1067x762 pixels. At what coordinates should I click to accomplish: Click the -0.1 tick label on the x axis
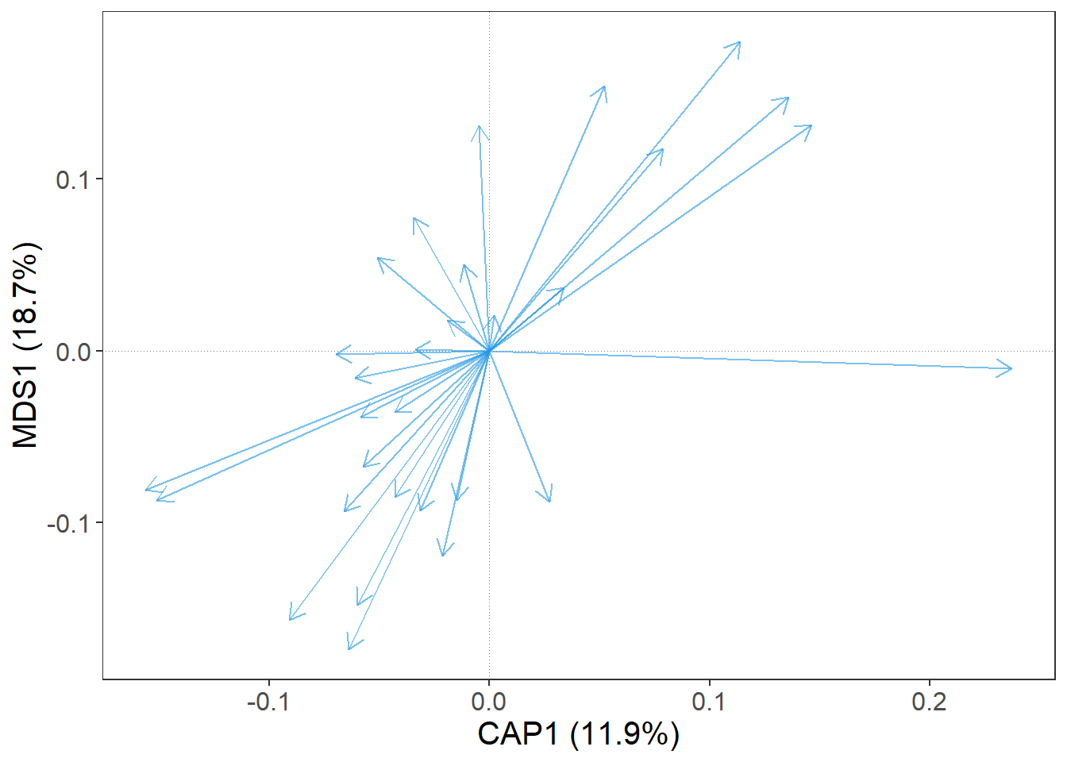(x=268, y=702)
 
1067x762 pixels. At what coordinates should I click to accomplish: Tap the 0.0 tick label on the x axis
(x=489, y=702)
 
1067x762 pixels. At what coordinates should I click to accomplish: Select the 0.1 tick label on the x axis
(x=709, y=702)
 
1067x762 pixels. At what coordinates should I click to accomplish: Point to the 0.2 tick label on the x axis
(x=929, y=702)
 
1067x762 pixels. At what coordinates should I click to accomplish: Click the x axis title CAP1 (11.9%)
(x=578, y=734)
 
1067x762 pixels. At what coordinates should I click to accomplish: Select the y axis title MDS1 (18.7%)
(x=26, y=345)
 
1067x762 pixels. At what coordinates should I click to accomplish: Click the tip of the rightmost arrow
(x=1011, y=368)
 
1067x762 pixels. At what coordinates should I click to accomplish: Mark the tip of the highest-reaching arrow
(x=740, y=42)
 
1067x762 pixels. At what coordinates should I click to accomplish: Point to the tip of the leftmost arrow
(x=146, y=489)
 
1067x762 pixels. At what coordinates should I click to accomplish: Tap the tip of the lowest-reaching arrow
(x=349, y=649)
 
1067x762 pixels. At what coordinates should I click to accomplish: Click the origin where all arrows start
(x=489, y=351)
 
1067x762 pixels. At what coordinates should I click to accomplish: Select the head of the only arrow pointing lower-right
(x=550, y=502)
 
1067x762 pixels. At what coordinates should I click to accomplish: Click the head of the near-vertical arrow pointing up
(x=478, y=126)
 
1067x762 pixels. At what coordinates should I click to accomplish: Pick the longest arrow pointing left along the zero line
(x=337, y=353)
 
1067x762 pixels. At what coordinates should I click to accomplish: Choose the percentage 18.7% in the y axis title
(x=26, y=298)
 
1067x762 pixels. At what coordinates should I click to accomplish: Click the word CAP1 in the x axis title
(x=518, y=734)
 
